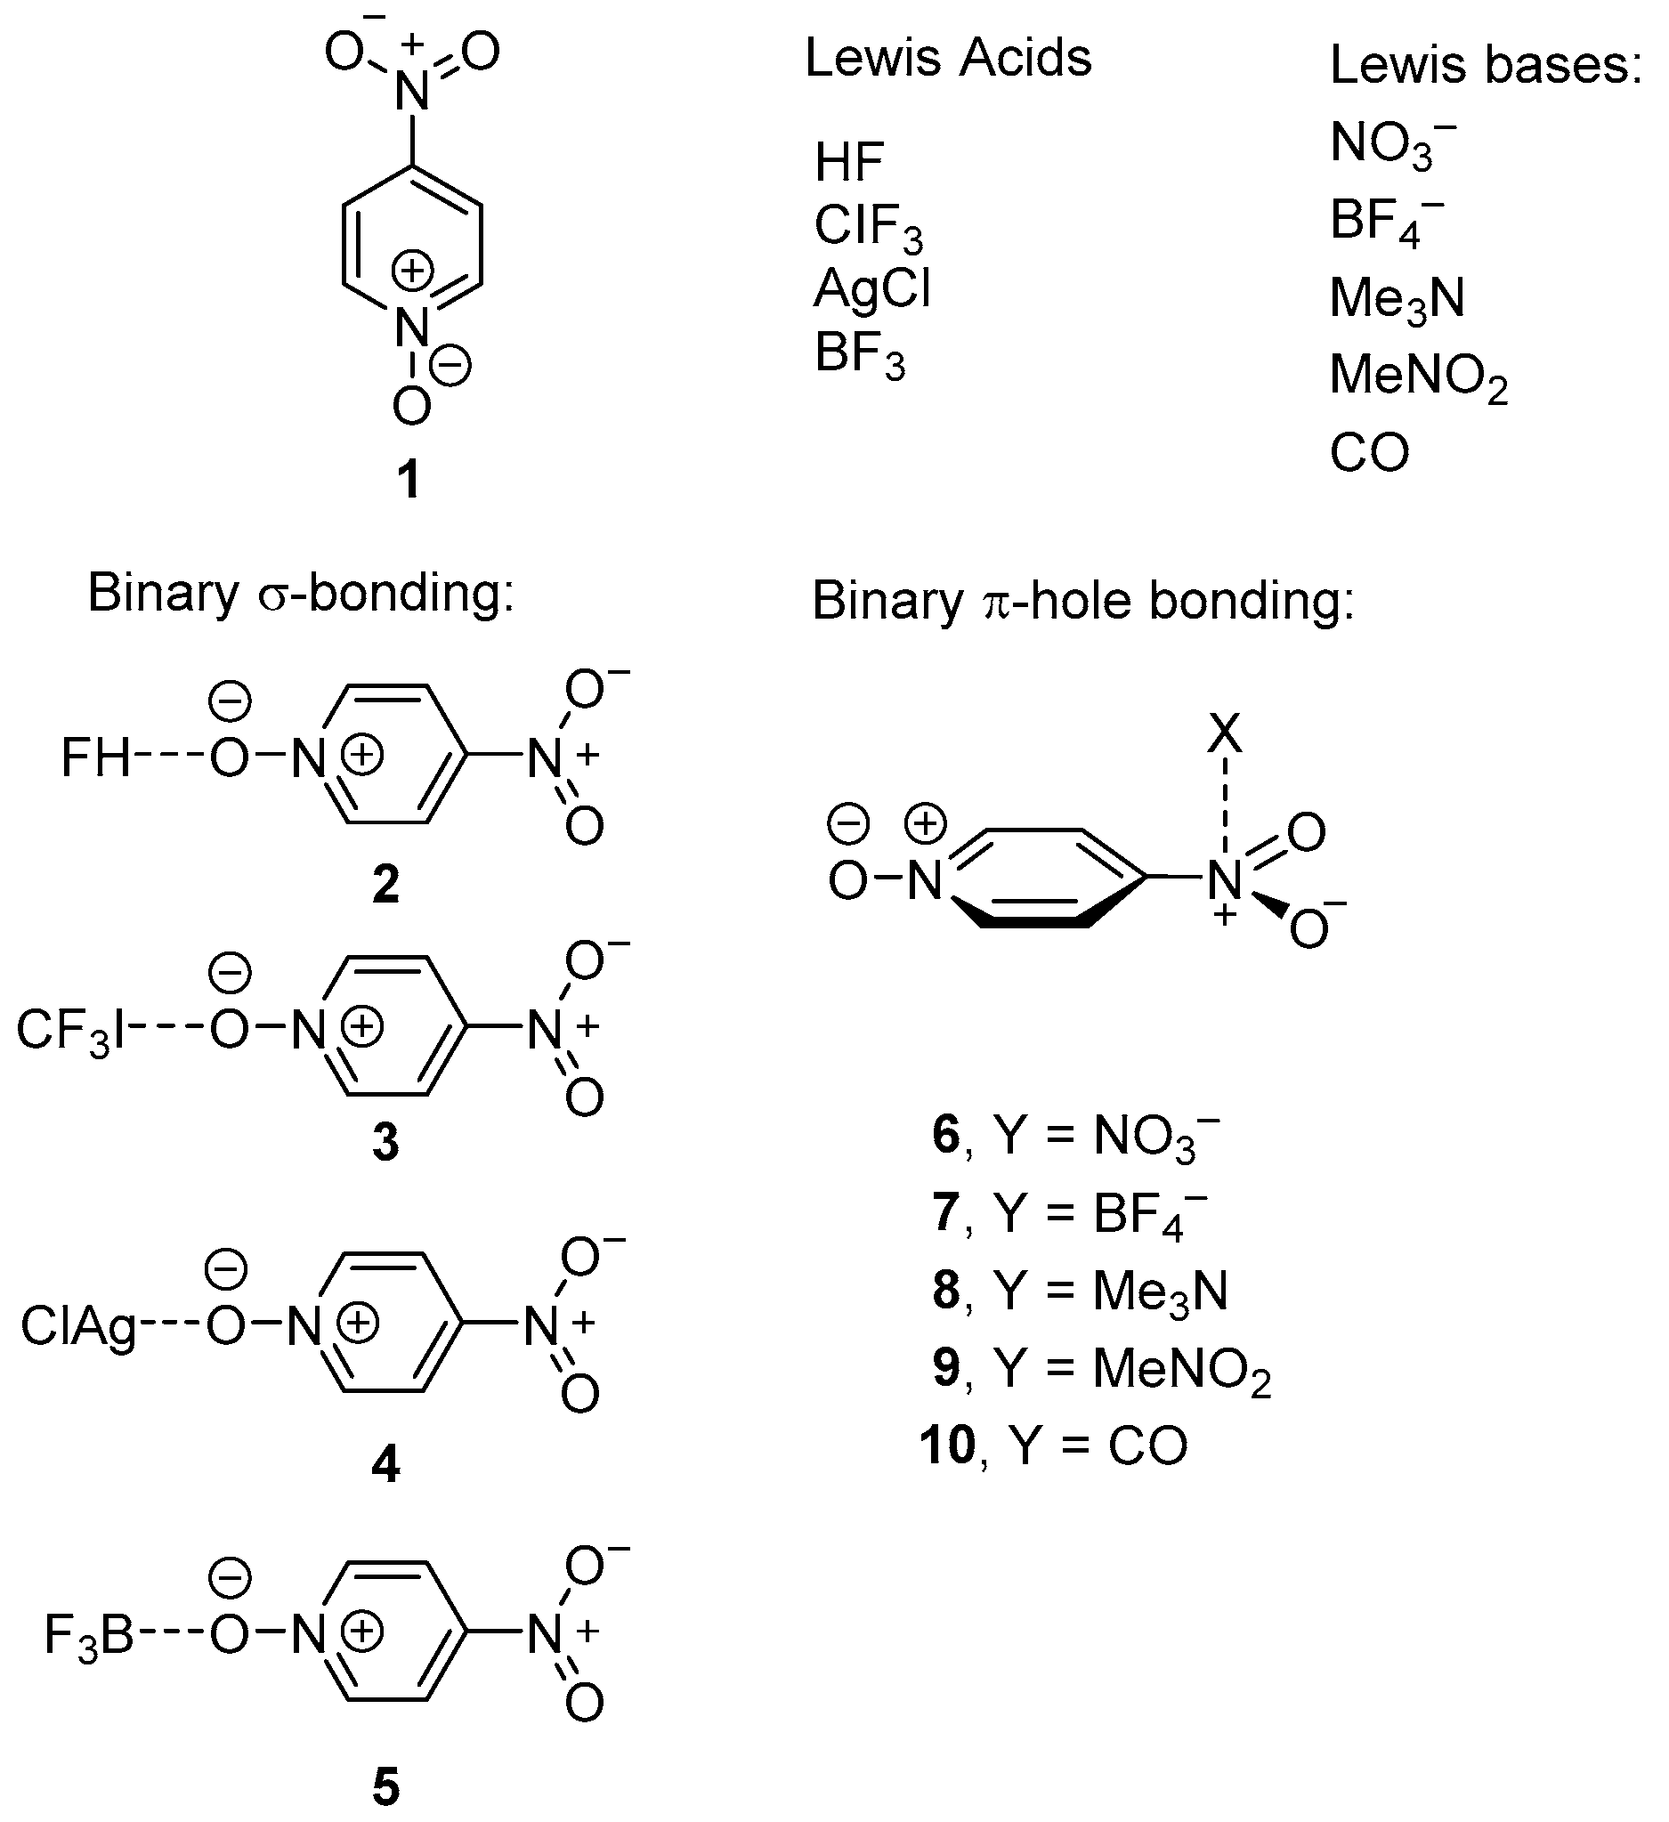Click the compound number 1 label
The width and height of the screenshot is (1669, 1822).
[409, 479]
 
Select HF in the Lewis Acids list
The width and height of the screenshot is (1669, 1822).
[848, 163]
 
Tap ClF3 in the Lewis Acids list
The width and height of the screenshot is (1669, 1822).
[868, 226]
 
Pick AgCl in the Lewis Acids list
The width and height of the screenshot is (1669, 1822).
[872, 290]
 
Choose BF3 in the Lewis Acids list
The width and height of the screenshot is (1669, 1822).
[859, 353]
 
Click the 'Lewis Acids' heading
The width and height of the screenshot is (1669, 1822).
[948, 59]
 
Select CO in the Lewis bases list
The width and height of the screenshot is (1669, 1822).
[1369, 453]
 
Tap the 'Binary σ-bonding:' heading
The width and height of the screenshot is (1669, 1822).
[300, 594]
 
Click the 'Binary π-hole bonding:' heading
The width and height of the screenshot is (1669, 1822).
[1082, 601]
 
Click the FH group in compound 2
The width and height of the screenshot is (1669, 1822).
[96, 757]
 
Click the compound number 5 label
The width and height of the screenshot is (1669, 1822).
[385, 1786]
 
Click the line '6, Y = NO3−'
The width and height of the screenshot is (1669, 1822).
[1075, 1136]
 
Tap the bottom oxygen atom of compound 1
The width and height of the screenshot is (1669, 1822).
[412, 408]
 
